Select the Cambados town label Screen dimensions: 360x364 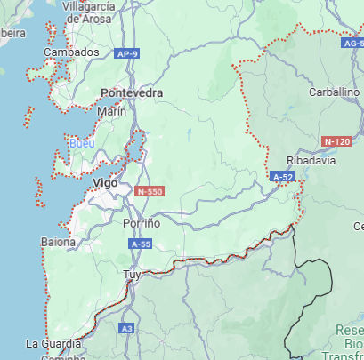click(x=71, y=52)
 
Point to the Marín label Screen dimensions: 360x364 click(x=112, y=111)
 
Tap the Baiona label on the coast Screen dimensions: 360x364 click(x=58, y=241)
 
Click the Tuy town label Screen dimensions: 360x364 click(x=132, y=274)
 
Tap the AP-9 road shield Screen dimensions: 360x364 click(x=127, y=54)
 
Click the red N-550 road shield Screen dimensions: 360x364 click(x=150, y=191)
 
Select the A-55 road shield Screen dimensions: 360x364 click(x=141, y=243)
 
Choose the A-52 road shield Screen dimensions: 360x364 click(x=283, y=177)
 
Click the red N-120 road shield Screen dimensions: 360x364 click(x=337, y=141)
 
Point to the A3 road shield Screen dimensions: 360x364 click(x=127, y=329)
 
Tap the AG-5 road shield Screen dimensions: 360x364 click(x=352, y=42)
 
